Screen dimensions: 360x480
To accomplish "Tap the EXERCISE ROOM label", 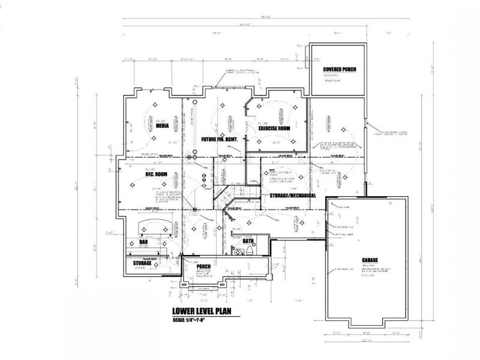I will [x=274, y=128].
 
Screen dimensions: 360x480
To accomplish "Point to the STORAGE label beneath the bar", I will [x=142, y=262].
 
